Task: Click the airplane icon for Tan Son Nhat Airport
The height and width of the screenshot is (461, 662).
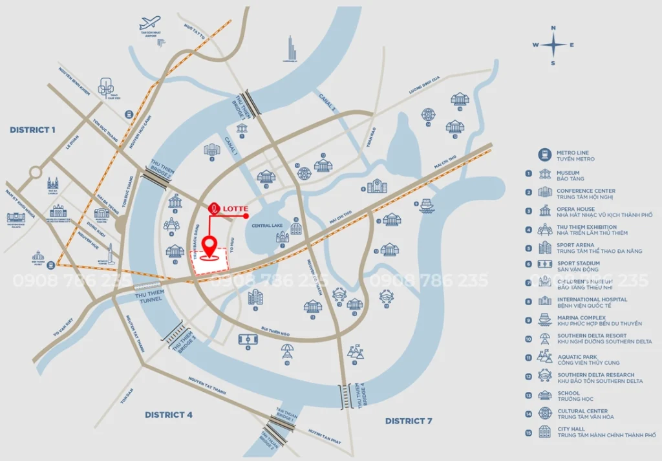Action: tap(150, 23)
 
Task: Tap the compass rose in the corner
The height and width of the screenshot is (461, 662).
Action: tap(553, 45)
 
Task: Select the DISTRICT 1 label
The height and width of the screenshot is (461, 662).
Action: tap(33, 130)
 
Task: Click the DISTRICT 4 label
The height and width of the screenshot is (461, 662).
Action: tap(168, 414)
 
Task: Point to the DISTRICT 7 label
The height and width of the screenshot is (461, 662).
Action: tap(409, 421)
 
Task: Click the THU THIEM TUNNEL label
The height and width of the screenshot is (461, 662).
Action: tap(151, 296)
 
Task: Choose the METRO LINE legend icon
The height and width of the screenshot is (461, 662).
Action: tap(546, 155)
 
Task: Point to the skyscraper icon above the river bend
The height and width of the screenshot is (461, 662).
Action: tap(292, 49)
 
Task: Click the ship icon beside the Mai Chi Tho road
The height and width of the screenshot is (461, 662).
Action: tap(426, 206)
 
